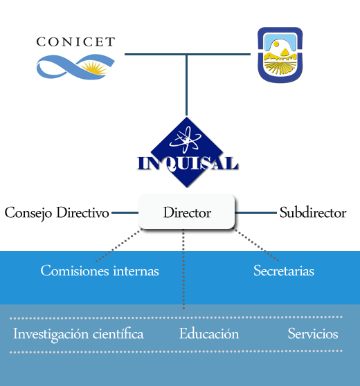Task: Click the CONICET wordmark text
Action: click(x=75, y=42)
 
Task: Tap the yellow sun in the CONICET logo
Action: click(x=94, y=68)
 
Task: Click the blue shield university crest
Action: click(x=280, y=55)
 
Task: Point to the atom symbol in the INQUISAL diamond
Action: click(x=186, y=139)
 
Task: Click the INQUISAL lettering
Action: click(x=188, y=163)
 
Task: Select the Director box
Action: click(x=186, y=212)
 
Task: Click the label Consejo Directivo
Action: click(x=57, y=213)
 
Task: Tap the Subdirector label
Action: click(x=313, y=212)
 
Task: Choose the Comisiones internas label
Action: click(x=100, y=270)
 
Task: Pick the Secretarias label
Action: click(x=284, y=270)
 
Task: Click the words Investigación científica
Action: click(x=78, y=334)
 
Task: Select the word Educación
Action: click(x=209, y=334)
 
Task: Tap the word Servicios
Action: click(x=313, y=334)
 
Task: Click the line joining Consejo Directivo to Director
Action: click(x=125, y=212)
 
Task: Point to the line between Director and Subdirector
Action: click(x=255, y=212)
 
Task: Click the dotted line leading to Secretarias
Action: click(x=256, y=245)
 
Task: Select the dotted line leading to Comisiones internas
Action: click(x=119, y=245)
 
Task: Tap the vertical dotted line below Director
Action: click(x=183, y=269)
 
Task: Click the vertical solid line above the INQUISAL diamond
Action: click(x=186, y=84)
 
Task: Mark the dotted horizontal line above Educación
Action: click(x=176, y=318)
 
